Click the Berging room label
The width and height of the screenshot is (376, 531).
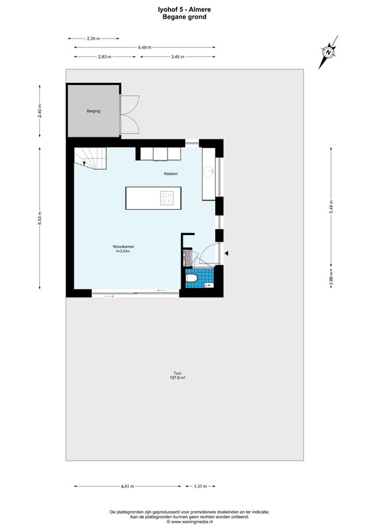(93, 111)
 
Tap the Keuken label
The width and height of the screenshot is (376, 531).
(171, 174)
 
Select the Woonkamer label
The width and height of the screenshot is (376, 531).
(124, 246)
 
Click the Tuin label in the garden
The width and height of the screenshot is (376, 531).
(177, 374)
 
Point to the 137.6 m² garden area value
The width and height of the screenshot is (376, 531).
(177, 378)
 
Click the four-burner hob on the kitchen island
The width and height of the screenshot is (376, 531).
(167, 198)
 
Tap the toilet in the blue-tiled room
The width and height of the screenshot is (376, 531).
(191, 278)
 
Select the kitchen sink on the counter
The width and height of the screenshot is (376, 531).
(210, 171)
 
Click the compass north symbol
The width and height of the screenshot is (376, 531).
(328, 52)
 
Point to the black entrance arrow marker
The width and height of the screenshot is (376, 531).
(227, 254)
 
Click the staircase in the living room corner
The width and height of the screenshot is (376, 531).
(90, 158)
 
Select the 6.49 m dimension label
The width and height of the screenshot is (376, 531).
(145, 47)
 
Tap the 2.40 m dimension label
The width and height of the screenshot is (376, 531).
(40, 111)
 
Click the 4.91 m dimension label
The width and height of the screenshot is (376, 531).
(128, 487)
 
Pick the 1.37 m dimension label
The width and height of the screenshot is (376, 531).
(200, 487)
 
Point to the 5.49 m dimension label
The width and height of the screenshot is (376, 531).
(331, 207)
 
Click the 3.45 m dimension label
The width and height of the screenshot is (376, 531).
(177, 57)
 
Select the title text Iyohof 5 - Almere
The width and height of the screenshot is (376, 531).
(185, 10)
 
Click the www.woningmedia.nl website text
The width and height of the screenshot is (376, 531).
(189, 522)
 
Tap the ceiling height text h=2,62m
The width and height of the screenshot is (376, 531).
(124, 252)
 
